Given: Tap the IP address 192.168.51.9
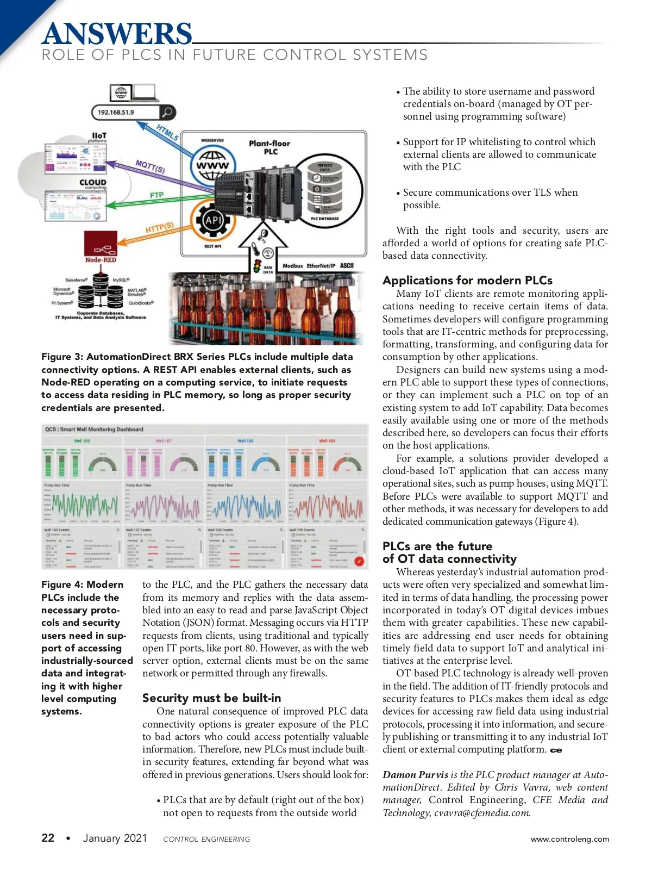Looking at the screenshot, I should [116, 113].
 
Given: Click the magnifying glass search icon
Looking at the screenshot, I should [167, 113].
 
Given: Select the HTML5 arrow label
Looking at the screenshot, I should [167, 133].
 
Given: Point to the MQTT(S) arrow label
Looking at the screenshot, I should [150, 166].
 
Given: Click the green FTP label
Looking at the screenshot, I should [156, 195].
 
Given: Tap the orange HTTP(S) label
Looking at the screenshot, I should [159, 228].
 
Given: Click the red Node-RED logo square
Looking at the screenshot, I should [101, 244].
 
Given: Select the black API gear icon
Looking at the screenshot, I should [213, 221].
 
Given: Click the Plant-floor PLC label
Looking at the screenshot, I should [269, 147].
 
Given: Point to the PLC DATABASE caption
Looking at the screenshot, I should [324, 219].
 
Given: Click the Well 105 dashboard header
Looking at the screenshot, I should [82, 441].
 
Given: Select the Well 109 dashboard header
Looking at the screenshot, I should [327, 441].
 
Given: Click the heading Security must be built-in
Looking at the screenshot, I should [211, 698].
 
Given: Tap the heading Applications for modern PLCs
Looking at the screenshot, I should [467, 281].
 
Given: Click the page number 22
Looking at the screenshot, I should [48, 838].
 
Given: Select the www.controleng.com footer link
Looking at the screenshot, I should [569, 839].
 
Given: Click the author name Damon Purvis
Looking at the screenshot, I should [415, 775].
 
